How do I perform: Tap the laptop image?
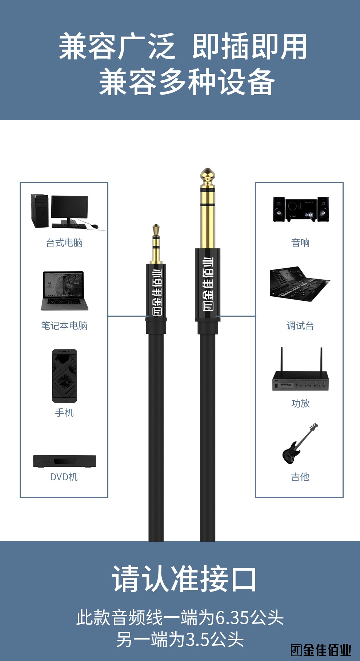64,291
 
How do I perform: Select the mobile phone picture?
64,376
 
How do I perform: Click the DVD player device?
64,461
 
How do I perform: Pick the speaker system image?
301,209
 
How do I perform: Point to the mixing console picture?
299,284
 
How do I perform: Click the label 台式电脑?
64,243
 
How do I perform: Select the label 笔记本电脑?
64,326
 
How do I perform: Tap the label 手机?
64,413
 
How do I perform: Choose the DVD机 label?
64,477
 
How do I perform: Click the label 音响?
300,243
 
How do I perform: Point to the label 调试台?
300,326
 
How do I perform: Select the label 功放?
300,404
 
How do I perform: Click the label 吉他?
300,477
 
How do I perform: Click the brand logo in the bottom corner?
321,650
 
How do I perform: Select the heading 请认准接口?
184,579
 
